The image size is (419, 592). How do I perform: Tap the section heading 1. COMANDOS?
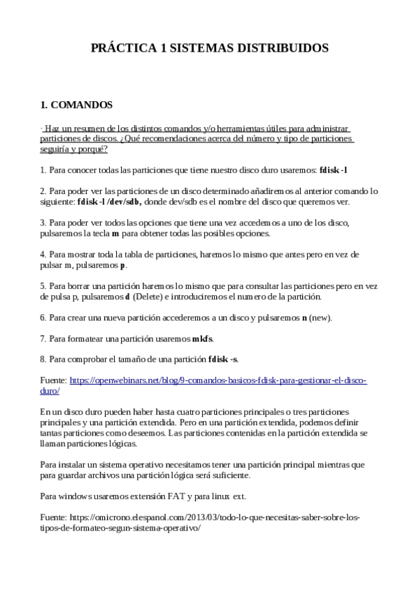tap(76, 105)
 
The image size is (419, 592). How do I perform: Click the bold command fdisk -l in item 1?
tap(333, 170)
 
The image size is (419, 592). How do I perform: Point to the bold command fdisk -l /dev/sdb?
tap(109, 202)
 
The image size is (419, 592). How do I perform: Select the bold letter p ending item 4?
tap(123, 266)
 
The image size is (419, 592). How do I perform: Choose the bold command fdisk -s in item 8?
tap(223, 360)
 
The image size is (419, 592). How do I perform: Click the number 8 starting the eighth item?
tap(43, 360)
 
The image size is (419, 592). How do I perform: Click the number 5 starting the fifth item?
tap(43, 286)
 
